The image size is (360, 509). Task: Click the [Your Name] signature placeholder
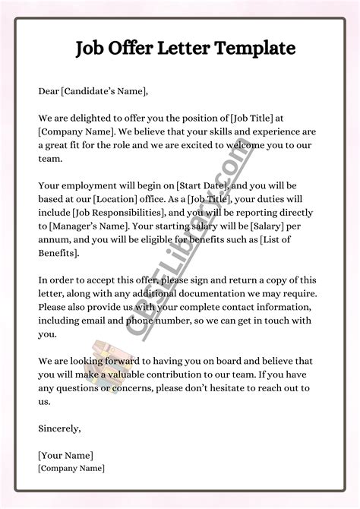[x=65, y=455]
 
